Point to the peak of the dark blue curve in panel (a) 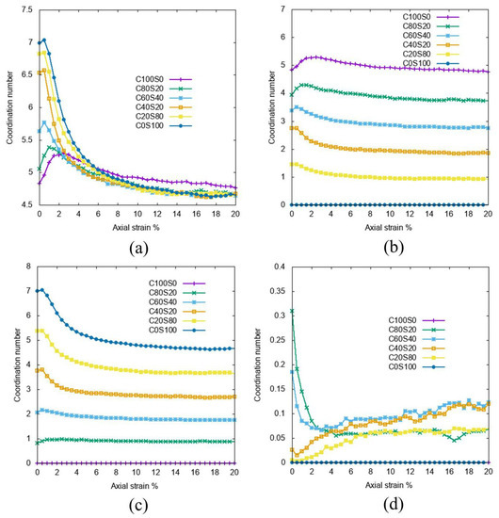43,40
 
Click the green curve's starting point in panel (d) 292,311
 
